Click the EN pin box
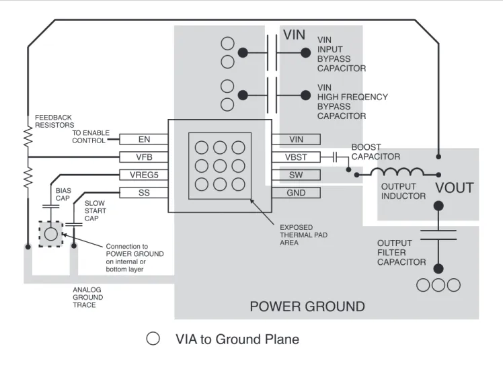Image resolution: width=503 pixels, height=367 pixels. [x=144, y=139]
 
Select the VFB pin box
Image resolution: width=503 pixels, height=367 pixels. [x=144, y=157]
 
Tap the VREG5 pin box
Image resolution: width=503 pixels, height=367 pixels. [x=144, y=175]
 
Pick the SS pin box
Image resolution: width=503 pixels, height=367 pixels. [x=144, y=193]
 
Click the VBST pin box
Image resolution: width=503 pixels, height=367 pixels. [x=296, y=157]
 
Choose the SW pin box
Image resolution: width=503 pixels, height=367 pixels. [x=296, y=175]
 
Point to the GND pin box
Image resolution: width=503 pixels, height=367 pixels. [x=296, y=193]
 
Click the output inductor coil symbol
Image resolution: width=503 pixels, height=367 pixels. [x=397, y=172]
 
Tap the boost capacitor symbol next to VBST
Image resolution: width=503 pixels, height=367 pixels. [x=335, y=157]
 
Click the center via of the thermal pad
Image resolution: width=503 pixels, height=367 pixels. [x=220, y=166]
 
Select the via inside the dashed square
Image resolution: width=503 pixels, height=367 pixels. [x=51, y=234]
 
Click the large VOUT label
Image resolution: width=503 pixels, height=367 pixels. [x=454, y=188]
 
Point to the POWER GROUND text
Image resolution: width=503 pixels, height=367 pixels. [x=307, y=307]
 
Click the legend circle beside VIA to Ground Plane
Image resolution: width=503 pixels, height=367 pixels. [x=153, y=339]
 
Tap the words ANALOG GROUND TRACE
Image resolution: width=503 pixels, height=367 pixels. [x=88, y=297]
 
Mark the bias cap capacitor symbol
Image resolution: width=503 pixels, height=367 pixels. [x=51, y=206]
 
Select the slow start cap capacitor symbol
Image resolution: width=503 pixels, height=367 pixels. [x=74, y=224]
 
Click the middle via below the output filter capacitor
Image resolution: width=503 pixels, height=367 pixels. [x=438, y=285]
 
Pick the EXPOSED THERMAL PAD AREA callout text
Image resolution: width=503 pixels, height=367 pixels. [x=303, y=235]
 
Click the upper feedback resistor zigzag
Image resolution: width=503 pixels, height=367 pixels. [x=28, y=137]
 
